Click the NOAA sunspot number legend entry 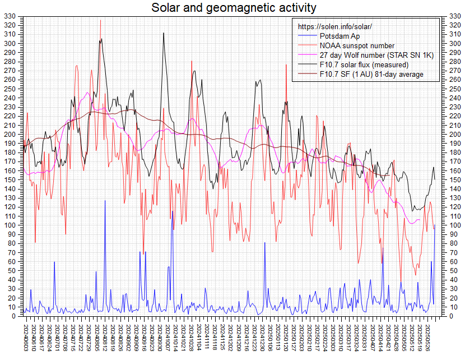coord(356,45)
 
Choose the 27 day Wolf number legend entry coord(376,55)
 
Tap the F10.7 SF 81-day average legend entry coord(371,74)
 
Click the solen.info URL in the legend coord(334,27)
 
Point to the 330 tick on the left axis coord(10,16)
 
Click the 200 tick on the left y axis coord(10,135)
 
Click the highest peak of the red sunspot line coord(101,21)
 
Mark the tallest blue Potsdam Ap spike coord(105,201)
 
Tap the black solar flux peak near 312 coord(164,33)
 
